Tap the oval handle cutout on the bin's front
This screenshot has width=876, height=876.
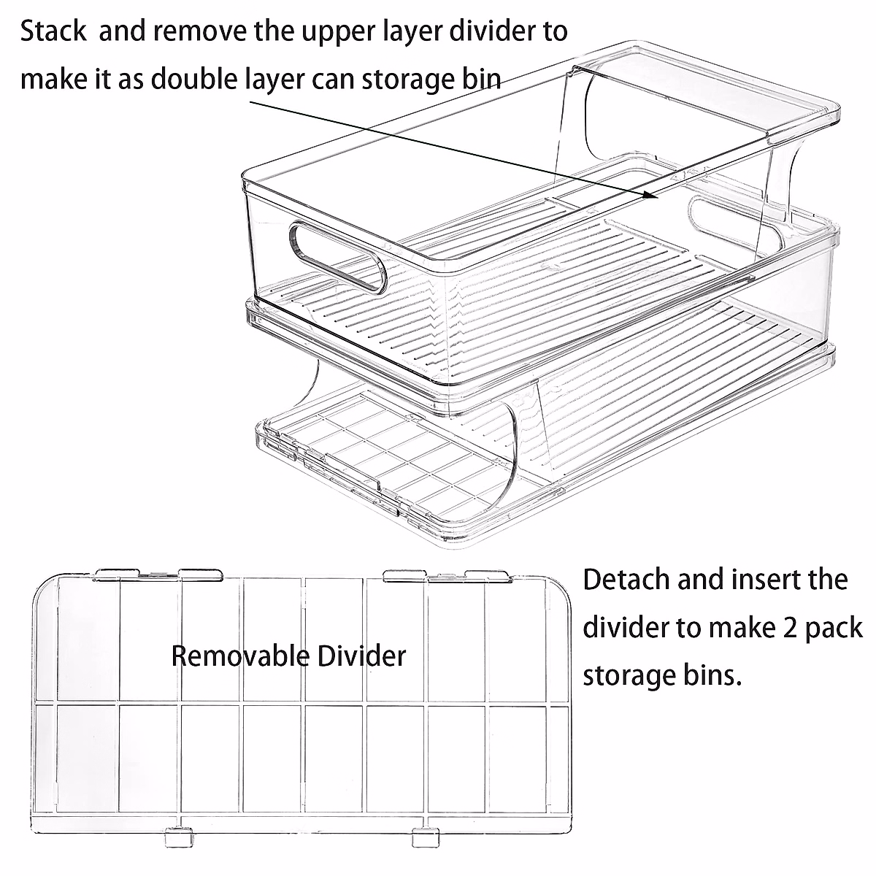click(337, 258)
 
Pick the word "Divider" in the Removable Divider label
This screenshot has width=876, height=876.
click(362, 656)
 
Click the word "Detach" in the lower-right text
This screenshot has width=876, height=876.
click(626, 580)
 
